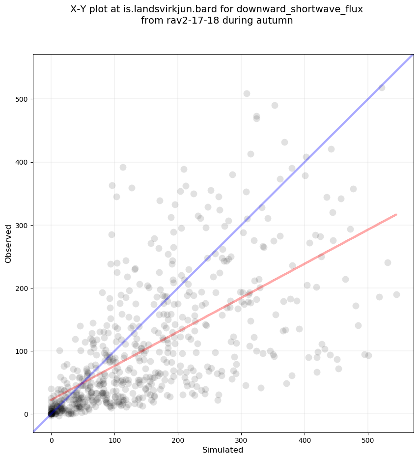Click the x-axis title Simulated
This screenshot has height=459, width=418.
coord(223,450)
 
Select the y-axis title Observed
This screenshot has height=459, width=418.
coord(8,244)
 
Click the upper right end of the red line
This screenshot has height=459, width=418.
coord(396,214)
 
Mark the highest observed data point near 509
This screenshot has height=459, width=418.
coord(247,93)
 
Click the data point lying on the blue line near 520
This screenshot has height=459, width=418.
coord(382,87)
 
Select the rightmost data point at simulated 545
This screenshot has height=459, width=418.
coord(396,294)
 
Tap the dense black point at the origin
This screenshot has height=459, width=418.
coord(51,414)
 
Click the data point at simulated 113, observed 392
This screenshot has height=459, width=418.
coord(123,167)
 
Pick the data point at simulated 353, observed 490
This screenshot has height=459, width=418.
coord(275,105)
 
